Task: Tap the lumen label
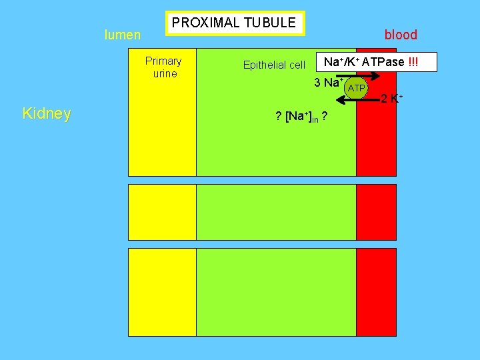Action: (123, 35)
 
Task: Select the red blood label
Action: (401, 35)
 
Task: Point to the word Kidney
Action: (47, 113)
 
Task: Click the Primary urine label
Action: (163, 67)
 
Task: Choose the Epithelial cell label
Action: (274, 65)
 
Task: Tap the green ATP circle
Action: (357, 88)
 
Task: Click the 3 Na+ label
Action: (329, 83)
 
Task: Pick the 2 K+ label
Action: (391, 99)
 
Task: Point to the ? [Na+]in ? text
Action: (301, 117)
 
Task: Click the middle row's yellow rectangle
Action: (162, 211)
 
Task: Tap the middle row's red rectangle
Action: (376, 211)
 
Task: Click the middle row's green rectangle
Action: (276, 211)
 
